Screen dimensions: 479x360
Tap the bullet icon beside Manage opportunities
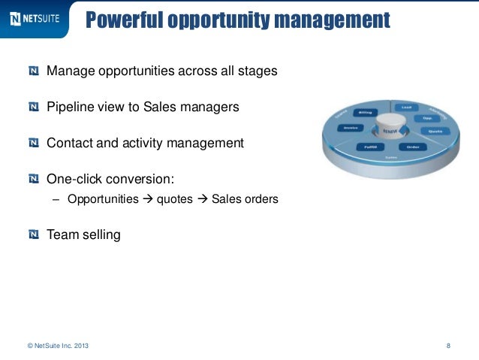coord(34,71)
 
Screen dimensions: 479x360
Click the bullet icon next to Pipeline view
coord(34,107)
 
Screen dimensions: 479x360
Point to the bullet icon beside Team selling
coord(34,234)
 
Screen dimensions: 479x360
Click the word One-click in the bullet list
coord(76,179)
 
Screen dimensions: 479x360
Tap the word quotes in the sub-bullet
coord(174,200)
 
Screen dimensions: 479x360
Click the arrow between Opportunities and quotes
coord(147,200)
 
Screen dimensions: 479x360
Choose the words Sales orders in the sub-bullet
coord(245,200)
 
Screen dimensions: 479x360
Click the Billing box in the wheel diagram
coord(366,113)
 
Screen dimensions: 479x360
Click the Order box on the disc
coord(412,147)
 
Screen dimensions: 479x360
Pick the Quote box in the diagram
coord(434,131)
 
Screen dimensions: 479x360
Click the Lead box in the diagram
coord(406,107)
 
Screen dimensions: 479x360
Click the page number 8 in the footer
coord(448,346)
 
